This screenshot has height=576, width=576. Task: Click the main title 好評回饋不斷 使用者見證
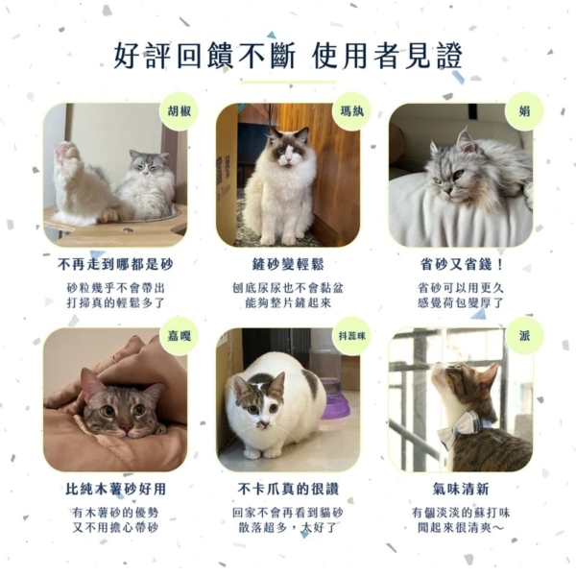288,56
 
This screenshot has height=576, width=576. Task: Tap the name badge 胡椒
180,111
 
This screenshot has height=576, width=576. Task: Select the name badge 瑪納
352,111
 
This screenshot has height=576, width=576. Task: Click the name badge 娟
524,111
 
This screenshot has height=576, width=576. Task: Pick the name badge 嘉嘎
180,335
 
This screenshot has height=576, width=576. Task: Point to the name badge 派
524,335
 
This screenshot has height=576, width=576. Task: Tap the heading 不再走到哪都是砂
115,264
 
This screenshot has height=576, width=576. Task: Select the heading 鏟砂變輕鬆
288,264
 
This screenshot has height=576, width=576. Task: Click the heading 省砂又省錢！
461,264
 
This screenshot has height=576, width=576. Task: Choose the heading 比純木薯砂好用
115,489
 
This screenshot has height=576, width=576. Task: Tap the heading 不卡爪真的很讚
288,489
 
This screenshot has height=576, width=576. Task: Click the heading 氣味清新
461,489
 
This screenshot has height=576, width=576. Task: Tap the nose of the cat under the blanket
127,427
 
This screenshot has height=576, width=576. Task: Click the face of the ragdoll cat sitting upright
288,148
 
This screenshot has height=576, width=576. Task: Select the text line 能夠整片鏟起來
288,303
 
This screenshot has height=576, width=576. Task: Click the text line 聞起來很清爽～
461,528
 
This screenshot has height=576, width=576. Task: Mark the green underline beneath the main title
288,82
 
